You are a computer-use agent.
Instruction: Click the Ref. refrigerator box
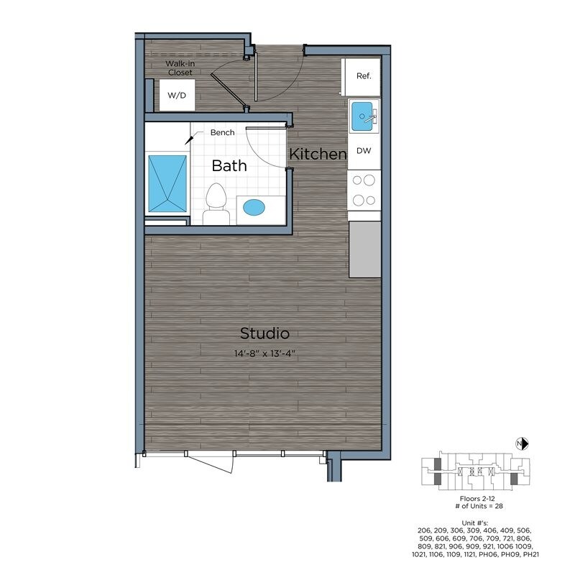click(362, 76)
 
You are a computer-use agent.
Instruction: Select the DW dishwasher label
click(364, 152)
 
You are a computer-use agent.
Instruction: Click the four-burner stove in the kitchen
click(364, 190)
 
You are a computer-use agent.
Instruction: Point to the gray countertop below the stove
click(364, 249)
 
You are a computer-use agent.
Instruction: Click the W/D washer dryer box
click(176, 96)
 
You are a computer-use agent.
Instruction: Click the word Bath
click(229, 166)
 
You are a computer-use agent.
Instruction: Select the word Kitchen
click(318, 154)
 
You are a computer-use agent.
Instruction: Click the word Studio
click(264, 333)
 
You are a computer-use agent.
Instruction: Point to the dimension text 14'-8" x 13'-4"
click(265, 353)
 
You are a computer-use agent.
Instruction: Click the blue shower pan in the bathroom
click(167, 183)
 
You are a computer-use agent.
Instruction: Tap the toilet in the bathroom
click(215, 204)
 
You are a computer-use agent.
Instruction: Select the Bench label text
click(223, 133)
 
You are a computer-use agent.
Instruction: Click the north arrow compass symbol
click(523, 443)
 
